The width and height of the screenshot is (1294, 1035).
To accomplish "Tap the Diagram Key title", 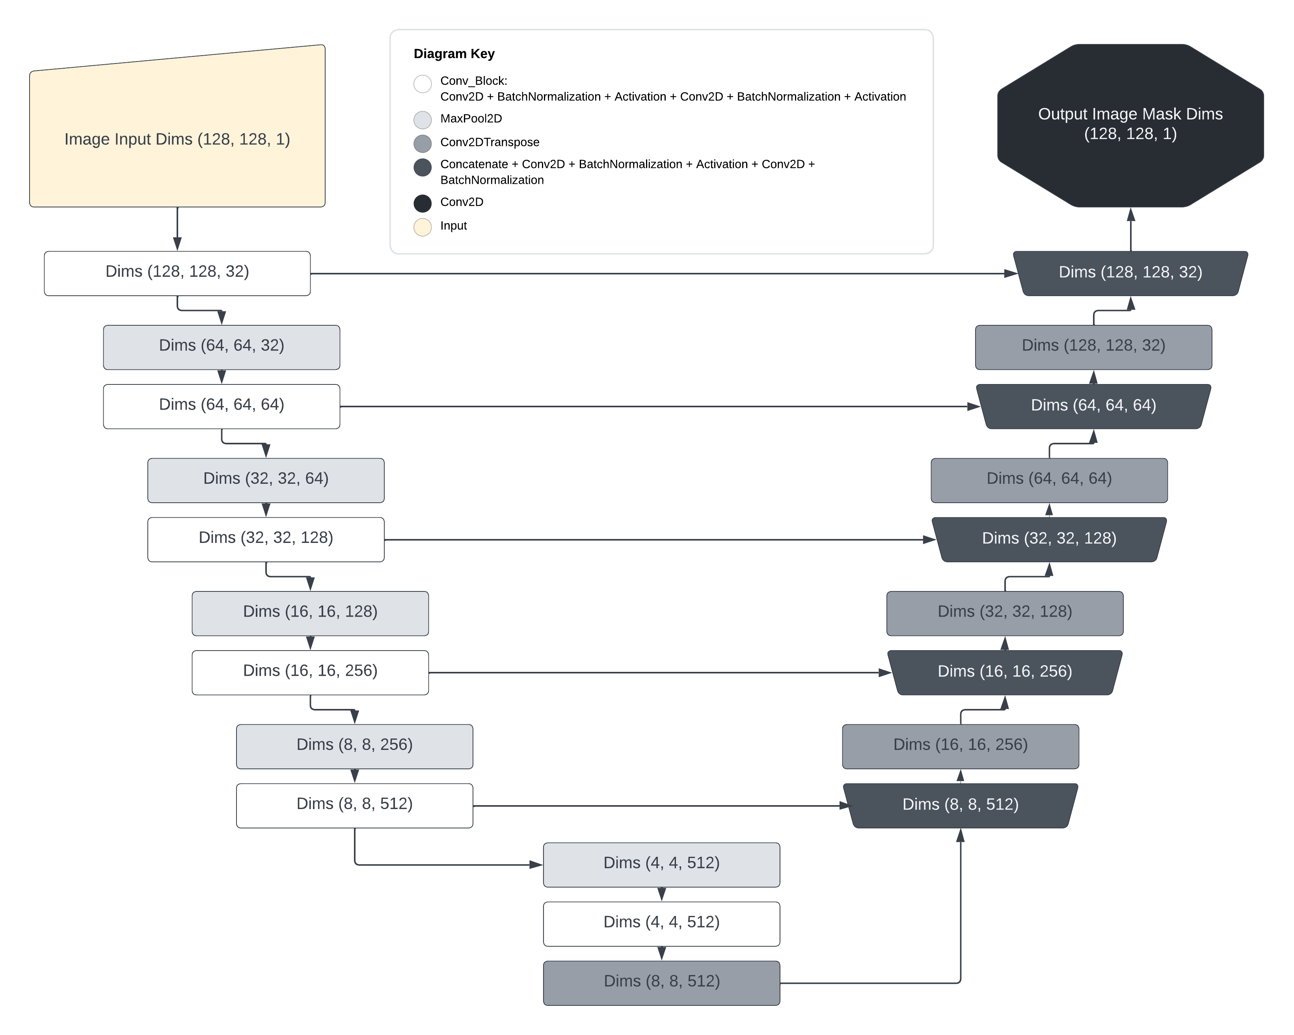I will (x=454, y=54).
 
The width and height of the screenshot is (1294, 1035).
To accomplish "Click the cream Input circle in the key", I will (x=423, y=227).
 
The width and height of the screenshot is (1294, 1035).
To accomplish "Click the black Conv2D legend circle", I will (x=423, y=203).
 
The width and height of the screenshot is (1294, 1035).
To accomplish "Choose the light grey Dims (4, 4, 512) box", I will (x=661, y=865).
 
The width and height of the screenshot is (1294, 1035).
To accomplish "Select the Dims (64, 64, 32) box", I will (x=222, y=347).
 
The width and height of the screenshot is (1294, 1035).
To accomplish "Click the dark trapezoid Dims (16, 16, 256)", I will (x=1005, y=672).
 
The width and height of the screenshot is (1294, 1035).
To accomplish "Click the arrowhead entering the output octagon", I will (x=1131, y=215).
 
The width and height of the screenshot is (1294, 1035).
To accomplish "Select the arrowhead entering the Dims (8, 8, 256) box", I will (x=355, y=717).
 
